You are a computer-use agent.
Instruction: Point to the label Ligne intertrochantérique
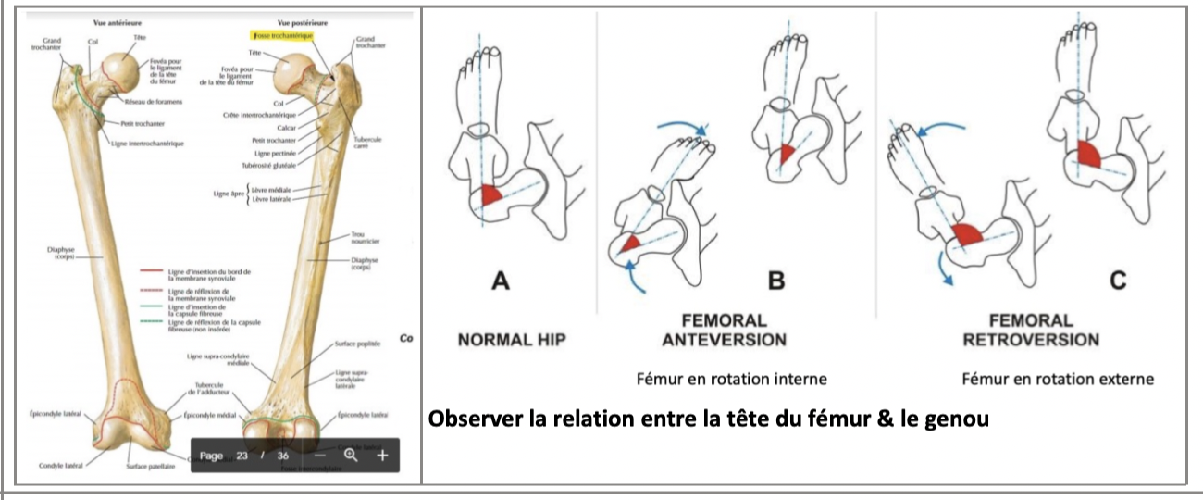(x=153, y=144)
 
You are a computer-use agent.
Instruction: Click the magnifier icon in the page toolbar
(x=351, y=456)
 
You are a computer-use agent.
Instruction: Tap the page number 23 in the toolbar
(x=242, y=456)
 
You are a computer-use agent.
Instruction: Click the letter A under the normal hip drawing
(x=501, y=278)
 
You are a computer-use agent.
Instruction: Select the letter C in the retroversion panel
(x=1118, y=278)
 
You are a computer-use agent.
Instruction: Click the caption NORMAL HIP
(x=511, y=340)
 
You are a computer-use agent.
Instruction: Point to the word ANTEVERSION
(x=725, y=340)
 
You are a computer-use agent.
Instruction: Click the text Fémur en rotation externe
(x=1058, y=379)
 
